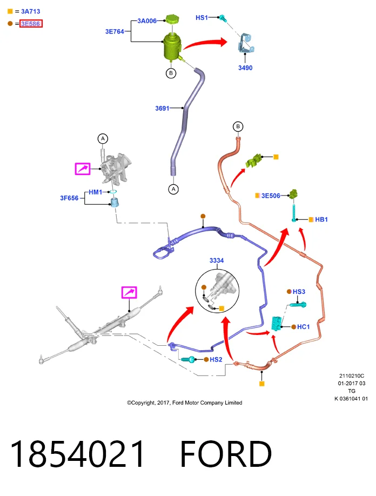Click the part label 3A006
147,21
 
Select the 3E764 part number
115,31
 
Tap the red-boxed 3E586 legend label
31,24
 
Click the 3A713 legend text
31,11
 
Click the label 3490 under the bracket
245,68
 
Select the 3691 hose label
162,108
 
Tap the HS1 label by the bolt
202,18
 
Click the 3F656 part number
69,198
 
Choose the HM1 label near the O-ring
96,192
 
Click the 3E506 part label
271,196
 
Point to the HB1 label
321,219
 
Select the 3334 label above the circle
217,260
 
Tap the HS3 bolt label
299,292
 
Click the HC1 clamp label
304,327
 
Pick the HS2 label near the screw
216,359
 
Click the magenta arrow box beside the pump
83,169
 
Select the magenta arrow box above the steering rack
129,292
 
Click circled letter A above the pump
103,138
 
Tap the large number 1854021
77,454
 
